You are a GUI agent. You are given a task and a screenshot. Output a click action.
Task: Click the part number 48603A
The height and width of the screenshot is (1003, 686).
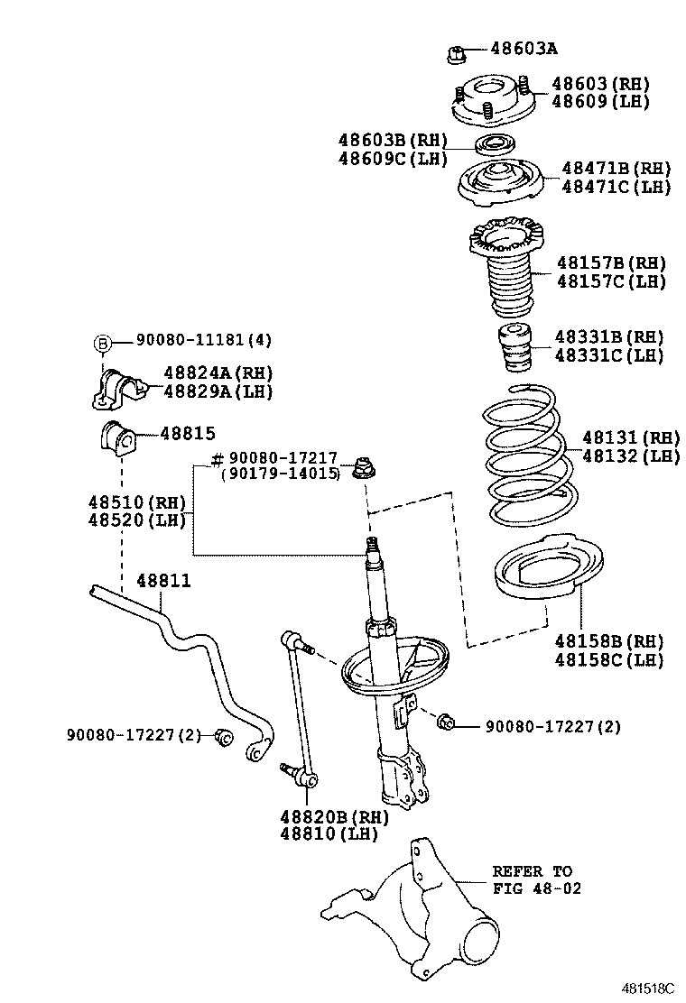click(524, 49)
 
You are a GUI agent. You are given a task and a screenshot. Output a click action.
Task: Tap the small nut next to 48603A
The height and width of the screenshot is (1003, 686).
click(456, 54)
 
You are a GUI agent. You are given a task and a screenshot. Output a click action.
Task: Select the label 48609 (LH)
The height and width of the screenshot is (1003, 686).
click(600, 102)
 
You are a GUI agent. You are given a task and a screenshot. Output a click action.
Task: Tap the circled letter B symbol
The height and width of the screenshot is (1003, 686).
click(103, 342)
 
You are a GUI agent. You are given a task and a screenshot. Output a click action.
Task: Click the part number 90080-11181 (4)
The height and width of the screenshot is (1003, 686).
click(204, 340)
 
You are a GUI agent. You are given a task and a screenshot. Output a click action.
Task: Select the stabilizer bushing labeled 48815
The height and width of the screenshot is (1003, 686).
click(116, 438)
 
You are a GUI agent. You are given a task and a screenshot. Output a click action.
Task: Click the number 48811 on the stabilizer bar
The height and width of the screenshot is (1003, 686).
click(163, 581)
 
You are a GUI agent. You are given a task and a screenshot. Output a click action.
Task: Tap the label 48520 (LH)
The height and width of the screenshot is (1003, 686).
click(136, 520)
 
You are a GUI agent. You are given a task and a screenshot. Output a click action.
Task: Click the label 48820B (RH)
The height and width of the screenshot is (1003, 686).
click(333, 816)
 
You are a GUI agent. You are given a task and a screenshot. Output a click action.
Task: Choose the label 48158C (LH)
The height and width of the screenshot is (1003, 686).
click(608, 660)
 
